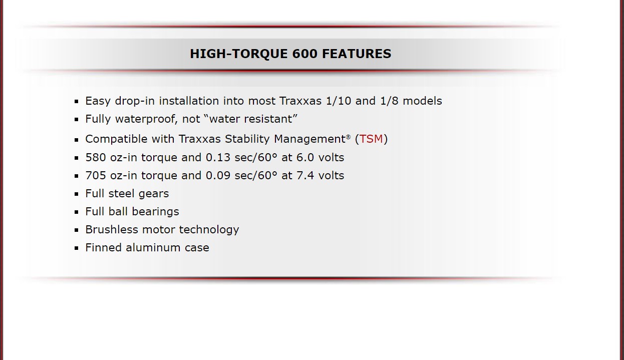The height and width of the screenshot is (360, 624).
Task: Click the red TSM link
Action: pyautogui.click(x=371, y=139)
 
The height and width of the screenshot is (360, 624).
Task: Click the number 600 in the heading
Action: pyautogui.click(x=305, y=54)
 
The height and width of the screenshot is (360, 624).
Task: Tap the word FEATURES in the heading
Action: pyautogui.click(x=357, y=54)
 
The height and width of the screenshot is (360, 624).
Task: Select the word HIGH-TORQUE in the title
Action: pyautogui.click(x=239, y=54)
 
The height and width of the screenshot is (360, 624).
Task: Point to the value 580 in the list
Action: pyautogui.click(x=96, y=158)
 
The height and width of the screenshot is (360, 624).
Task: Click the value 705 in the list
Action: pyautogui.click(x=96, y=176)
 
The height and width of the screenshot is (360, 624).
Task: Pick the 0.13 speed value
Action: pyautogui.click(x=218, y=158)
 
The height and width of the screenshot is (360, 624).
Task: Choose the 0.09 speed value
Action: pyautogui.click(x=218, y=176)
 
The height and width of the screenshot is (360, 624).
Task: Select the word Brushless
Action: pyautogui.click(x=112, y=230)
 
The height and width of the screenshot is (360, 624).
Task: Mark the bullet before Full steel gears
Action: pyautogui.click(x=77, y=194)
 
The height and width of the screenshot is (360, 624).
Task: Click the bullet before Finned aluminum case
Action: pyautogui.click(x=77, y=248)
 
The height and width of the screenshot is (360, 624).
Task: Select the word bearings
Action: pyautogui.click(x=155, y=212)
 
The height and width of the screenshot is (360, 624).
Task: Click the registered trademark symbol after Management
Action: pyautogui.click(x=348, y=137)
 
